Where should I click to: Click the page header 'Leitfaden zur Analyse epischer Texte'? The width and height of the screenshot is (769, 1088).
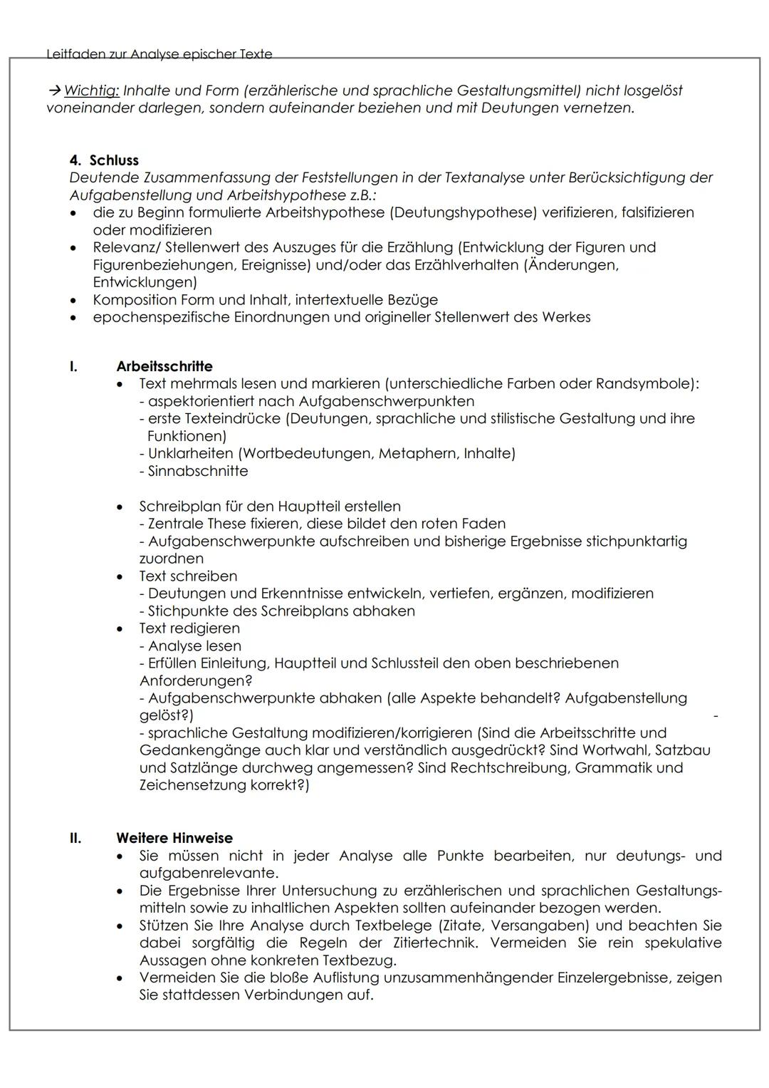click(x=159, y=53)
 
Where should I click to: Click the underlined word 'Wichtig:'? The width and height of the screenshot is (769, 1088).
click(x=91, y=90)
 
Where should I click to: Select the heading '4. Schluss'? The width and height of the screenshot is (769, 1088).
click(x=104, y=160)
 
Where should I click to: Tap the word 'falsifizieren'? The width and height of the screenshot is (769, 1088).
click(x=657, y=212)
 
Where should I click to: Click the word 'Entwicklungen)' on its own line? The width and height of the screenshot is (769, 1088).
click(x=145, y=282)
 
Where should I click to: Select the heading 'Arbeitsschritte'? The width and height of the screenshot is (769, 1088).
click(x=164, y=366)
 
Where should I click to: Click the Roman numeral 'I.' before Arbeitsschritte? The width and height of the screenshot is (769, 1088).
click(x=73, y=366)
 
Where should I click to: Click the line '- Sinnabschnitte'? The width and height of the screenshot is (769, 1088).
click(x=194, y=471)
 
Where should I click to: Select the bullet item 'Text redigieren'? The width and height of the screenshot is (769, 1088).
click(x=189, y=628)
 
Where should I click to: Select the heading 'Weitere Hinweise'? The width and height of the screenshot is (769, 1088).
click(x=174, y=838)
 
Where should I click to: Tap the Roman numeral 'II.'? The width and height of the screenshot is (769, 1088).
click(x=75, y=838)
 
